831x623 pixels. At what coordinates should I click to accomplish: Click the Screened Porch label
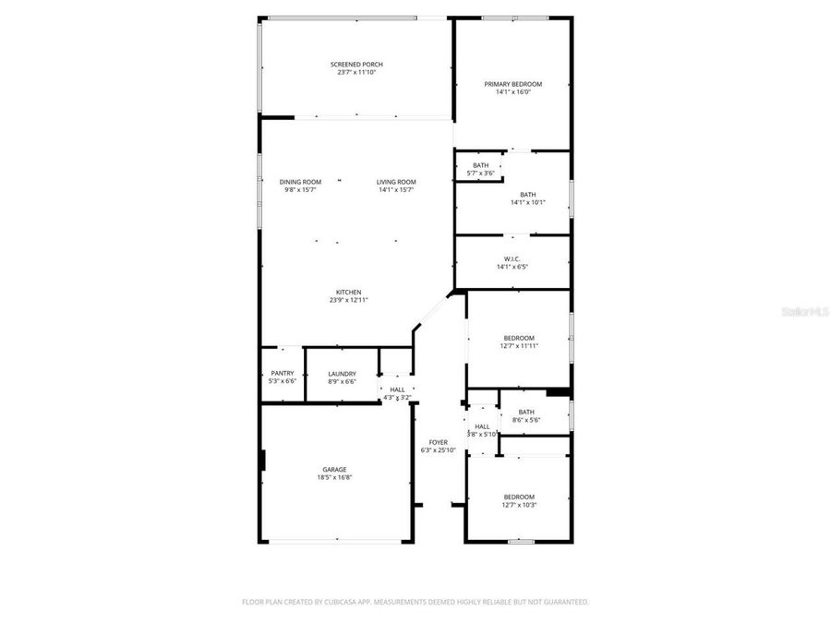(x=356, y=65)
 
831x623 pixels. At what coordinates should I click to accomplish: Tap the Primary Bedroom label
(x=513, y=84)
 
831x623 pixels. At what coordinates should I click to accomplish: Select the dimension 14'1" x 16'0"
(x=513, y=92)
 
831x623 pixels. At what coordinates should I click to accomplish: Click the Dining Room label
(x=300, y=182)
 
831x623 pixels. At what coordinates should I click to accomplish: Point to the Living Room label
(x=396, y=182)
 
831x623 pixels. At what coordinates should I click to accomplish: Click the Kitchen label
(x=348, y=293)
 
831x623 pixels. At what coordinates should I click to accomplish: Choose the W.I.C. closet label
(x=512, y=258)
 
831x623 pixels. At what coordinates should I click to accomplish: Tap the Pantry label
(x=283, y=374)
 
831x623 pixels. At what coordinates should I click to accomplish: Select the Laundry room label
(x=342, y=374)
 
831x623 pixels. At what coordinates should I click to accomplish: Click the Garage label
(x=334, y=469)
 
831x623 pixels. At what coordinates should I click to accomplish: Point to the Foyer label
(x=439, y=442)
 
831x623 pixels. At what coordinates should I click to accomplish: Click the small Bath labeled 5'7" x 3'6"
(x=481, y=165)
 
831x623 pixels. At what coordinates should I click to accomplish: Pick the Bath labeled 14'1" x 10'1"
(x=527, y=195)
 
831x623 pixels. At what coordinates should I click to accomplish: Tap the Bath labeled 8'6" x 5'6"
(x=526, y=412)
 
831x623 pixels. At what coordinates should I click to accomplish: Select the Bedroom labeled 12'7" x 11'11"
(x=519, y=338)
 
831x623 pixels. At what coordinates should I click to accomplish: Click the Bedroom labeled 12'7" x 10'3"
(x=519, y=497)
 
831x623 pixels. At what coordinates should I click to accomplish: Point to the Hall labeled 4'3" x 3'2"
(x=397, y=389)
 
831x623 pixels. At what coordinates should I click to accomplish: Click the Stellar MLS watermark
(x=805, y=313)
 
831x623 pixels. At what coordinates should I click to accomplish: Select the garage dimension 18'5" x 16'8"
(x=334, y=477)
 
